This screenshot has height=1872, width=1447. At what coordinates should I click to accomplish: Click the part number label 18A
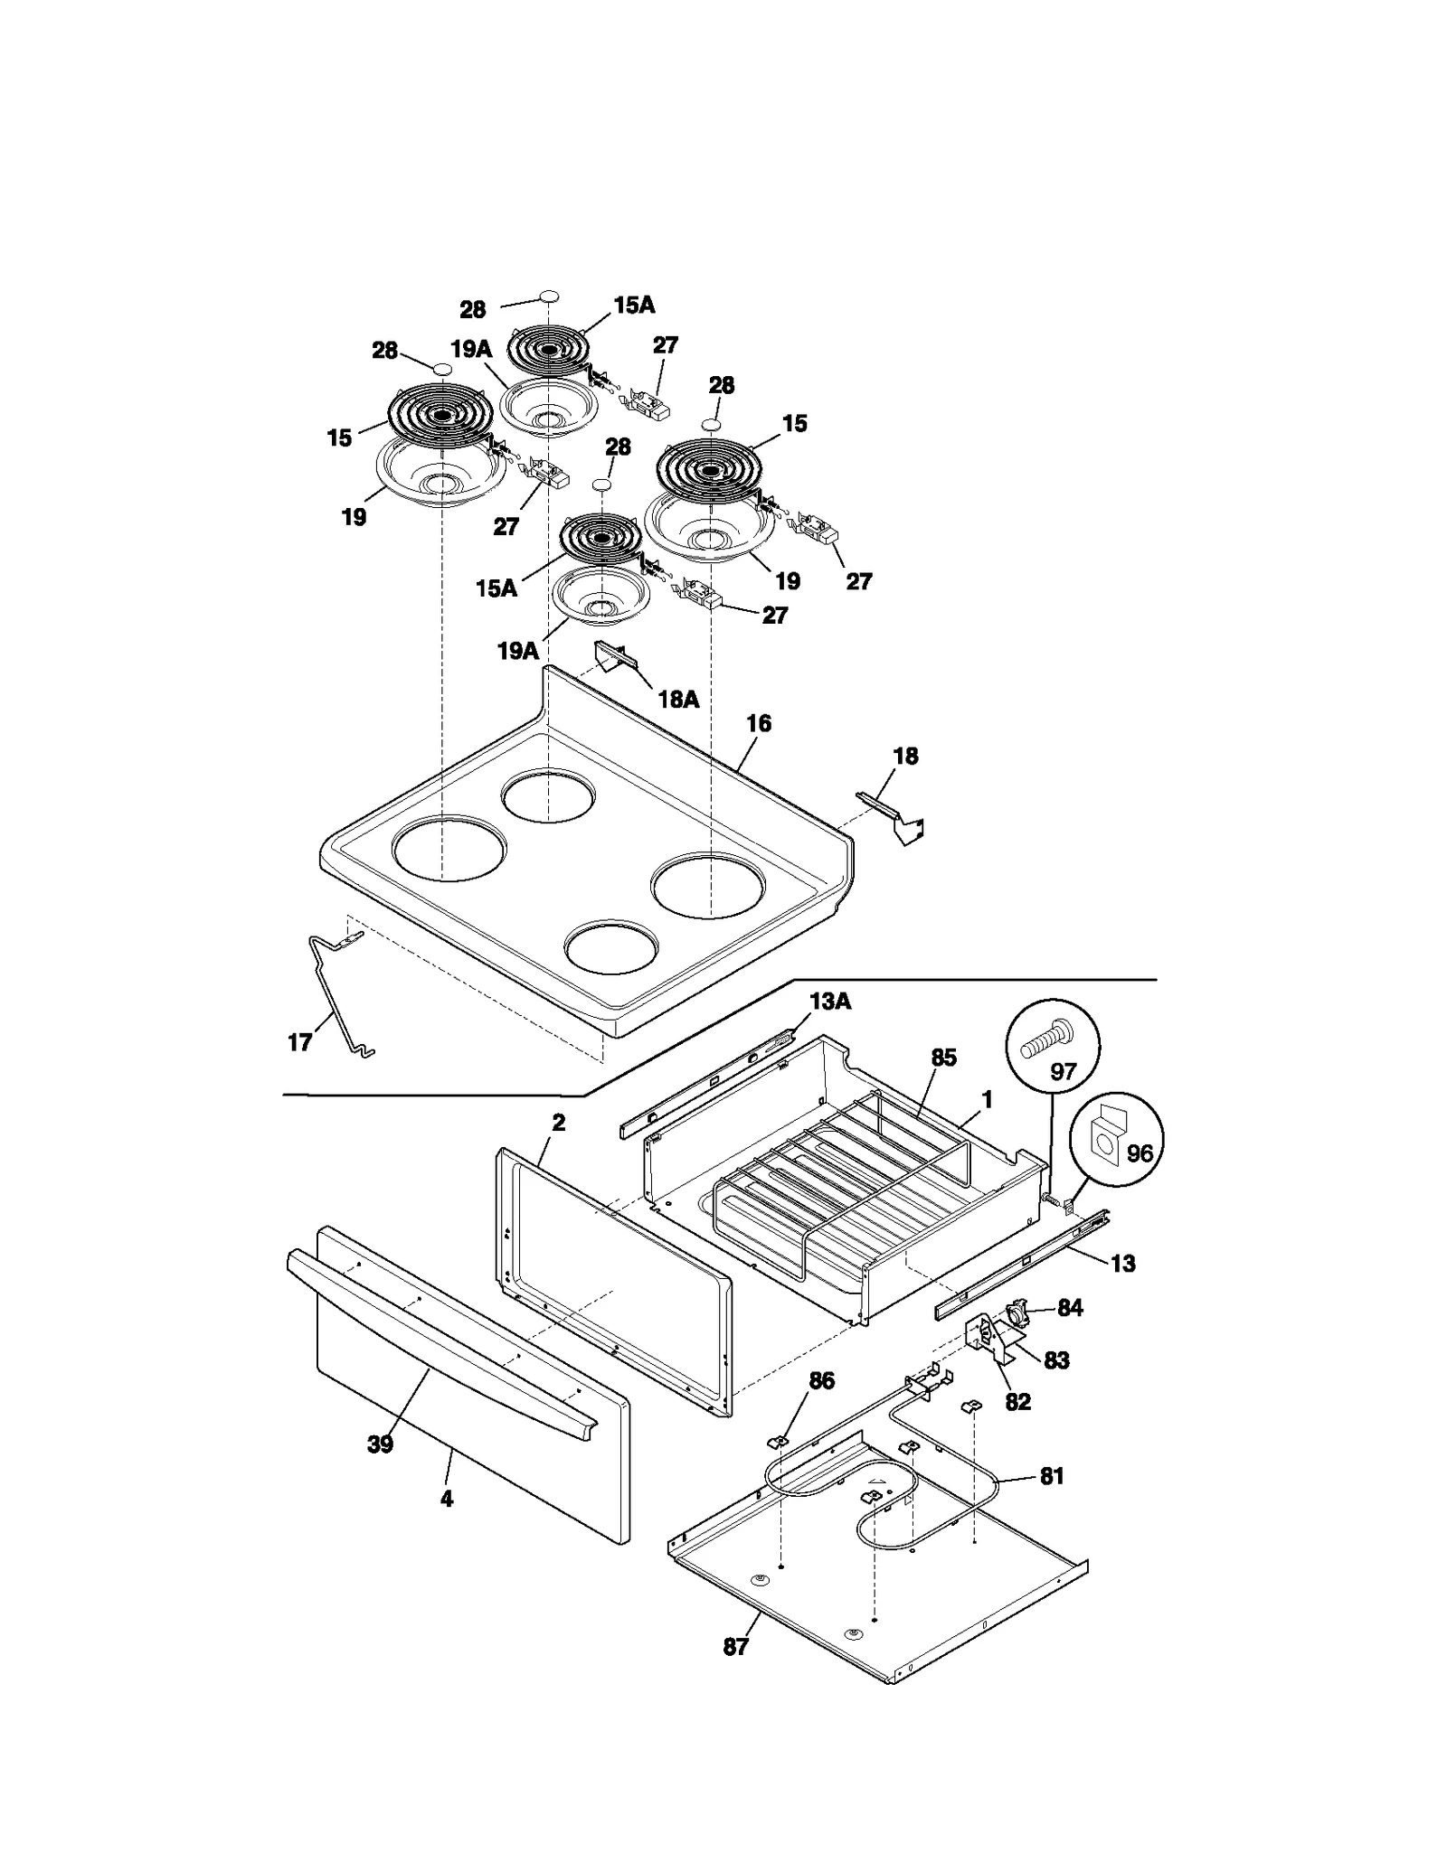[678, 700]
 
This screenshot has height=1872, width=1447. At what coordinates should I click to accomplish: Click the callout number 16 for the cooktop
[759, 723]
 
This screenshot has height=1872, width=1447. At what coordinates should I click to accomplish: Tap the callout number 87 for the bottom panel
[735, 1647]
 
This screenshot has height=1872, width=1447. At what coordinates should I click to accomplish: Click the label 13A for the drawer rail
[829, 1002]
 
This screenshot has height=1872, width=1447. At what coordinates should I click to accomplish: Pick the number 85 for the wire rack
[943, 1058]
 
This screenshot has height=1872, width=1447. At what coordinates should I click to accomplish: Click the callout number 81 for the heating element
[1051, 1476]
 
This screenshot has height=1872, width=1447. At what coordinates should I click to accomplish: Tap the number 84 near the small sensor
[1070, 1308]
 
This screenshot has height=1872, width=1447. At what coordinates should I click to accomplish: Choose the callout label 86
[821, 1380]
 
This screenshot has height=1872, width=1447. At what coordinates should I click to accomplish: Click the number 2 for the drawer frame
[558, 1123]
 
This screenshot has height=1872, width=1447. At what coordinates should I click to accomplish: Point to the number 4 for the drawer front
[446, 1499]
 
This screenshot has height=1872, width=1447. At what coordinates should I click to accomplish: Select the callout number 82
[1017, 1402]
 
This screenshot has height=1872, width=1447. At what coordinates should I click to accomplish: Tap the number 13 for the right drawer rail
[1122, 1263]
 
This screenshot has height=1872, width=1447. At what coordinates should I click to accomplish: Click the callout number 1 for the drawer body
[987, 1100]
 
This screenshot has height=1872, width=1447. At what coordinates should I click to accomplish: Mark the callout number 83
[1056, 1359]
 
